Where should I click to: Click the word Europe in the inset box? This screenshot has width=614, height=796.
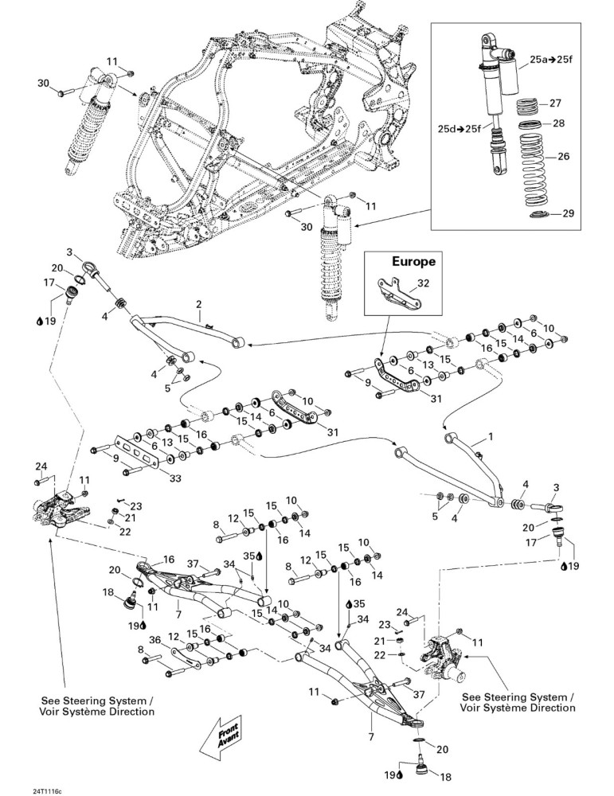coord(413,262)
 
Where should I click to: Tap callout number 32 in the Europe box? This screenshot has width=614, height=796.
coord(423,283)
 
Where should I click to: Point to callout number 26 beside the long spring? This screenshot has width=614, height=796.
coord(564,156)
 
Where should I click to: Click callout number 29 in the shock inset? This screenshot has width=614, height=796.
coord(568,213)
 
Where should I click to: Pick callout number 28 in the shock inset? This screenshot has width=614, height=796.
coord(558,123)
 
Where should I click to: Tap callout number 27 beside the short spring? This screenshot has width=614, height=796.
coord(555,103)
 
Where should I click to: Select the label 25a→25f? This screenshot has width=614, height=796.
coord(551,60)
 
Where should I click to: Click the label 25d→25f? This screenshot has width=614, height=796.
coord(459,128)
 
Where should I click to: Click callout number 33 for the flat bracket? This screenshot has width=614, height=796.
coord(174,478)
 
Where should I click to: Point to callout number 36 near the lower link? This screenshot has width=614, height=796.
coord(155,640)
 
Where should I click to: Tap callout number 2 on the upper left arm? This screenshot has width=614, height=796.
coord(198,305)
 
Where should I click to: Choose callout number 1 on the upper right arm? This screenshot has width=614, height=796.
coord(490,436)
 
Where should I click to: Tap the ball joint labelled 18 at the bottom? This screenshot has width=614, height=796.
coord(421,766)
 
